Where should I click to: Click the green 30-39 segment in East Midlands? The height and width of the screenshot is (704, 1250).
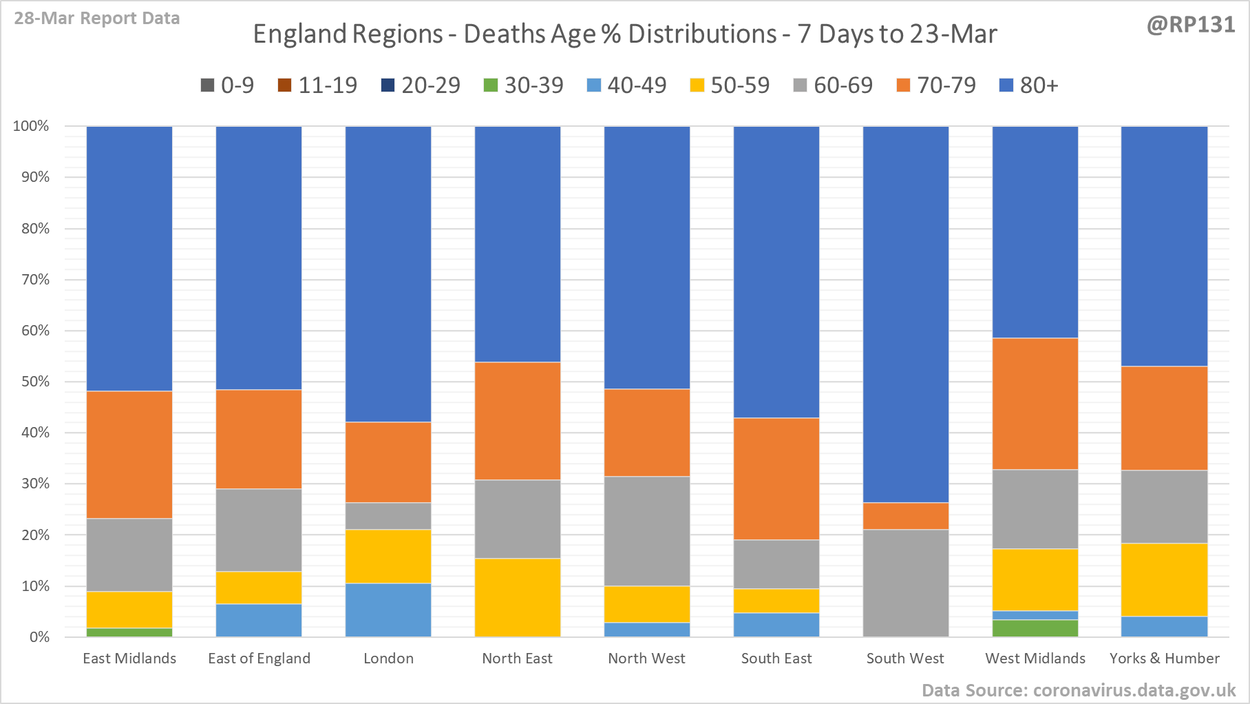[x=129, y=632]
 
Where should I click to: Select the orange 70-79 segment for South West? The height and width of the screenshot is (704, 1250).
[x=906, y=516]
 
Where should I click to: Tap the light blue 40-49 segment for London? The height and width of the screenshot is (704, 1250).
[x=388, y=610]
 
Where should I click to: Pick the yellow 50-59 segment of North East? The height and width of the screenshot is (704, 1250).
[x=518, y=597]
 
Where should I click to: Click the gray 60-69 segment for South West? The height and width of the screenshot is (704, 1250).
[x=906, y=583]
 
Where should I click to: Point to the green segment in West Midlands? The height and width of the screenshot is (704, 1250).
[x=1035, y=628]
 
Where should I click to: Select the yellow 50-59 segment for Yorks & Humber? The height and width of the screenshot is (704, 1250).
[x=1165, y=579]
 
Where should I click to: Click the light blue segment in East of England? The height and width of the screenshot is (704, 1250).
[x=259, y=620]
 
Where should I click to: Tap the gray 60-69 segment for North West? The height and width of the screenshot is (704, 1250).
[x=647, y=531]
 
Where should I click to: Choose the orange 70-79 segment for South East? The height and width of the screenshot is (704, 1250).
[x=776, y=479]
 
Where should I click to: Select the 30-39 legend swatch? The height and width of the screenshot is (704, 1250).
[x=491, y=85]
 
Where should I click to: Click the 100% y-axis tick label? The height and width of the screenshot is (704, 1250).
[x=32, y=126]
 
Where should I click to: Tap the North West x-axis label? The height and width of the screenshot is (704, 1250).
[x=647, y=659]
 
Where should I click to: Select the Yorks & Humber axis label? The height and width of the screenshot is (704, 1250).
[x=1165, y=659]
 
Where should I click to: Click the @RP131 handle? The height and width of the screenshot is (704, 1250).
[x=1191, y=25]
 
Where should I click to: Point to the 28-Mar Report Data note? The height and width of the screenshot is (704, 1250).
[x=97, y=19]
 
